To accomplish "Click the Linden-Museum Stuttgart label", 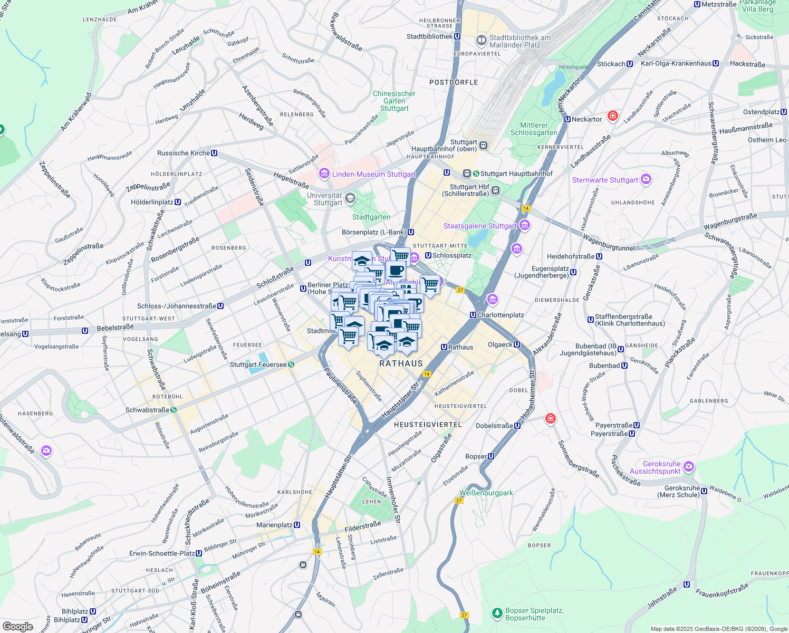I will coord(373,174).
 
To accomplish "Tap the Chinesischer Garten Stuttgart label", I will coord(394,101).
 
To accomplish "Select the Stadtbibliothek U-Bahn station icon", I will coord(457,36).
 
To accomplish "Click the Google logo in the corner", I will coord(17,626).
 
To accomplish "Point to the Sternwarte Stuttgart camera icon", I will coord(646,180).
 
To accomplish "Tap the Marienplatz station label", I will coord(274,525).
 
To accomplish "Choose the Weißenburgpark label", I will coord(486,493).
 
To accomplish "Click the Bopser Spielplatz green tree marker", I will coord(497,613).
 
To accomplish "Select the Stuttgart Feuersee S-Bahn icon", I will coord(291,365).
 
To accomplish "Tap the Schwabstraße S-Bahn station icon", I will coord(173,410).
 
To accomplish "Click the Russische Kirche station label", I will coord(184,153).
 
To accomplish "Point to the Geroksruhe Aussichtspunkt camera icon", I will coord(688,467).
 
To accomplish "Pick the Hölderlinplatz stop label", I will coord(152,202).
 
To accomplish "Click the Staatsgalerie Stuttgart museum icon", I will coord(524,226).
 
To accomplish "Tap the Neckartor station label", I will coord(586,119).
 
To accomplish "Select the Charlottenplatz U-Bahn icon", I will coord(473,315).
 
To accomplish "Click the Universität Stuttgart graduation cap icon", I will coord(350,198).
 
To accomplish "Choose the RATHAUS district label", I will coord(401,363).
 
